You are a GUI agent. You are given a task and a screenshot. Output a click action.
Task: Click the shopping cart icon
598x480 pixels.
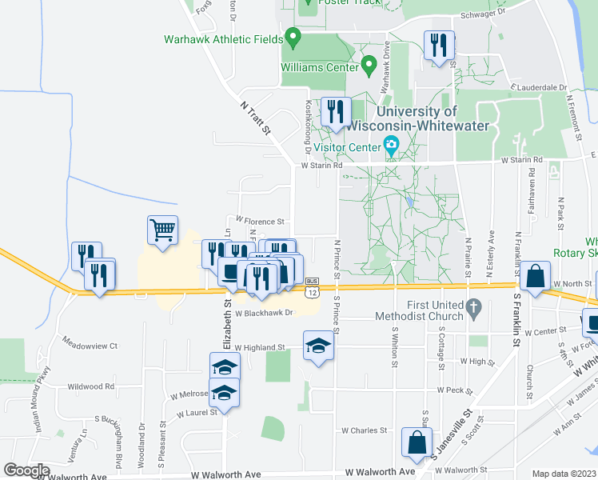click(x=162, y=231)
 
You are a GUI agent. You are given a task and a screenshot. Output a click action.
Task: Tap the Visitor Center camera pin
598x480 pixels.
click(x=391, y=146)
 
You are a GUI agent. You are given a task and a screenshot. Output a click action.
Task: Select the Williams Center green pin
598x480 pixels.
click(x=369, y=64)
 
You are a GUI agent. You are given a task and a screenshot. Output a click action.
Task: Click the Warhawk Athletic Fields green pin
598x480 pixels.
click(x=293, y=37)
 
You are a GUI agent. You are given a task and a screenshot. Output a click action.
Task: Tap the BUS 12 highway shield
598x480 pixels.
click(x=312, y=287)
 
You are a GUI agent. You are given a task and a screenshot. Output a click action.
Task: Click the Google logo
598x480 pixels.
click(x=26, y=470)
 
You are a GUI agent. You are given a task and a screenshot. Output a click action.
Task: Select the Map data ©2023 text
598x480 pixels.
click(x=564, y=473)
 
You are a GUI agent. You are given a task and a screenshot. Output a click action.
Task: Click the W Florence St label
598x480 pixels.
click(x=259, y=221)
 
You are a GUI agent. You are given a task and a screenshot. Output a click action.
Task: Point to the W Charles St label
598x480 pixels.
click(x=365, y=430)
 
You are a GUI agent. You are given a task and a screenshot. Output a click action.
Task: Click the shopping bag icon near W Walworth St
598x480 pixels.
click(x=417, y=442)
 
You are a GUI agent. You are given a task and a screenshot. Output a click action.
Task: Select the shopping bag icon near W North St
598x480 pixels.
click(x=534, y=276)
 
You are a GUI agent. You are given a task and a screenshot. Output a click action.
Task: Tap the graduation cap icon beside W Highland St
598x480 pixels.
click(x=318, y=346)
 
